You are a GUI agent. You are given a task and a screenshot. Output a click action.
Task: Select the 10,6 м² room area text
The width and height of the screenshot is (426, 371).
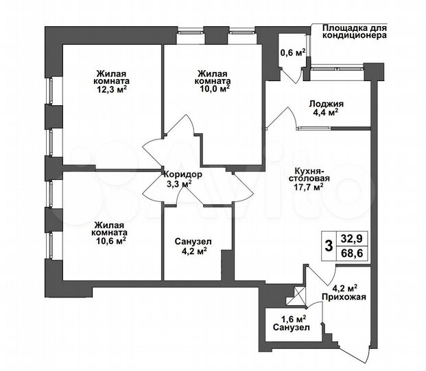click(x=110, y=241)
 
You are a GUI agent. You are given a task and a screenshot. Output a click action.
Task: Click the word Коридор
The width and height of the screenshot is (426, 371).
click(x=182, y=175)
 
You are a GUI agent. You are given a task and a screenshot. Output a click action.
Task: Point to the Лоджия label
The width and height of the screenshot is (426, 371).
click(x=327, y=104)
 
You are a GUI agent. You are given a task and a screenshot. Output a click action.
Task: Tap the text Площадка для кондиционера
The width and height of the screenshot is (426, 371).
click(x=351, y=32)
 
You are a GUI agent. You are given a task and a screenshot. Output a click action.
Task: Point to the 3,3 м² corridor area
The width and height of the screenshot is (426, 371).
click(x=180, y=184)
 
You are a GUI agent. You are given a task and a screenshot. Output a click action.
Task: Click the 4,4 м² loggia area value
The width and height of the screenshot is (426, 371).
click(x=327, y=113)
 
